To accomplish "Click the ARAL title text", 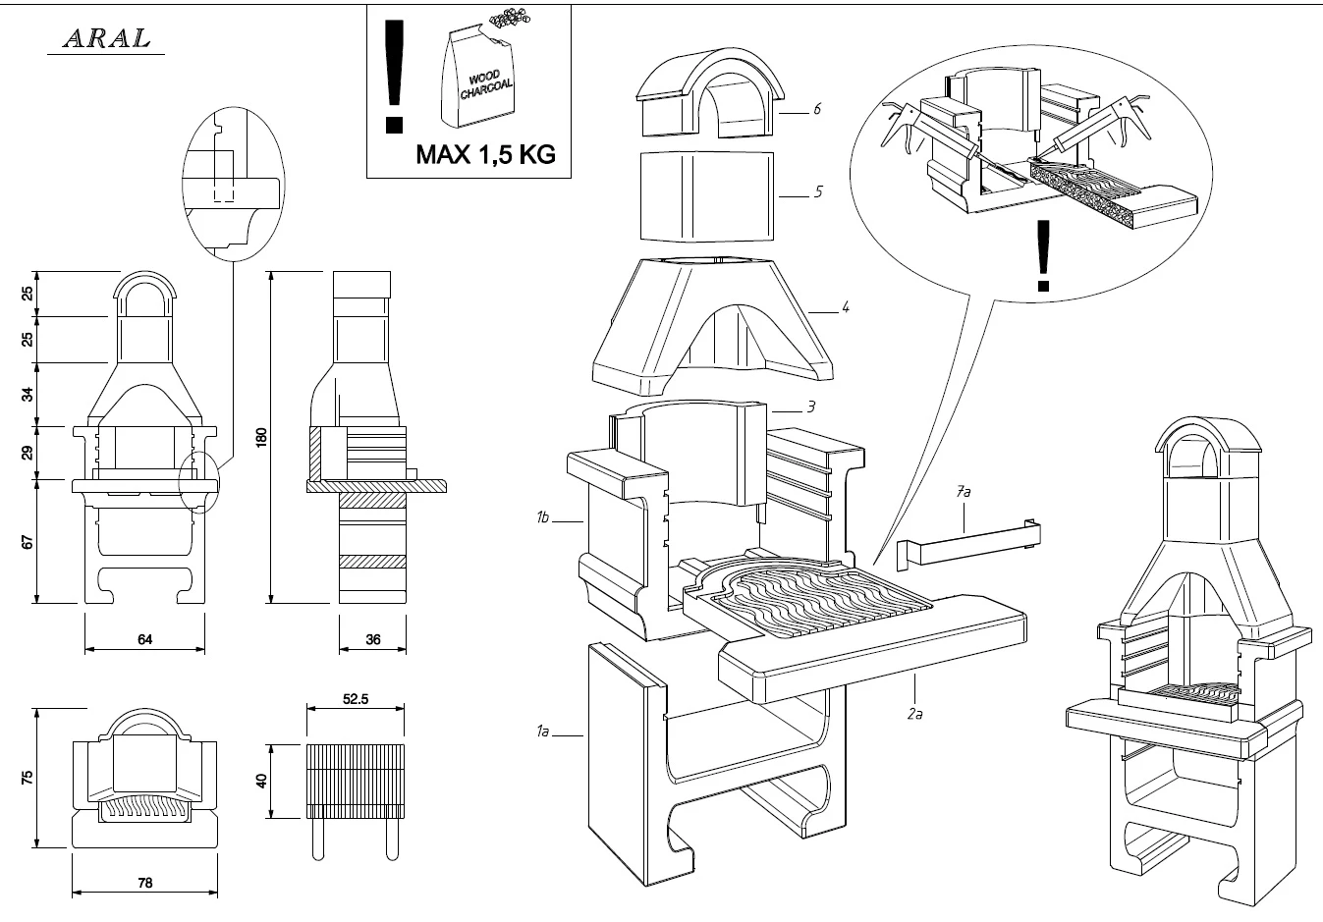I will [106, 38].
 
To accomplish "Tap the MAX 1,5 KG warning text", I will [485, 154].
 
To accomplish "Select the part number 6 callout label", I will [816, 109].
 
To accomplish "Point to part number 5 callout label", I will [817, 191].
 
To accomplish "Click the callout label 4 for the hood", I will [845, 307].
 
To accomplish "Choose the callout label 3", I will [811, 406].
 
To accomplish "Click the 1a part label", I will [541, 731].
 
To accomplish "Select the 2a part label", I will [914, 714].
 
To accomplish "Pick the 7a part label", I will [964, 492].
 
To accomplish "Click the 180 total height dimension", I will [261, 437].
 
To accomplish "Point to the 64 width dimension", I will [144, 639].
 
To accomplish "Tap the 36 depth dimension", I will [372, 639].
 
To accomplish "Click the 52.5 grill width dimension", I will [355, 699].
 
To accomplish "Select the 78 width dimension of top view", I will [144, 883].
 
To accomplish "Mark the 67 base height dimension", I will [28, 541].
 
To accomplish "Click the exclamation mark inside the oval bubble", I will [1043, 255].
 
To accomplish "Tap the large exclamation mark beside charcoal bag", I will [395, 77].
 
